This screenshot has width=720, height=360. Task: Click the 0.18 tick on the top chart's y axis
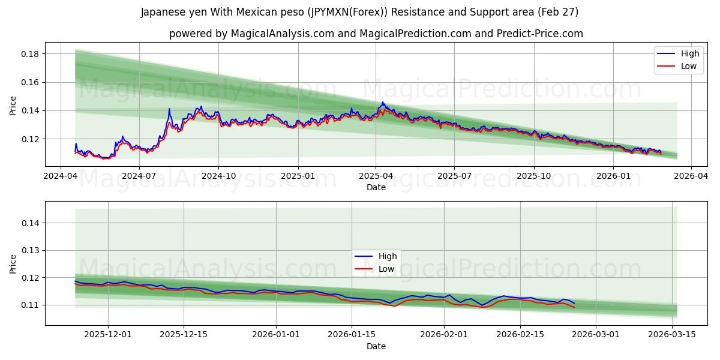[x=31, y=54]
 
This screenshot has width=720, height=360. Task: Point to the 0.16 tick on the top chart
[x=31, y=82]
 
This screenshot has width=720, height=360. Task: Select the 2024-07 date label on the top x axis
[x=139, y=176]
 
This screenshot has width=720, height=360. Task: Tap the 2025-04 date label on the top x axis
[x=376, y=176]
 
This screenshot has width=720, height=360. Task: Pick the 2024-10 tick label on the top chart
[x=218, y=176]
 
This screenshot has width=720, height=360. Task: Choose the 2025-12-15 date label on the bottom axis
[x=183, y=335]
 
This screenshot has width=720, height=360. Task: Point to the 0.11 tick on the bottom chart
[x=31, y=305]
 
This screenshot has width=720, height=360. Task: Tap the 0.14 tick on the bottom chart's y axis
[x=31, y=223]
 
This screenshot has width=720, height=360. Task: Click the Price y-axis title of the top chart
[x=13, y=106]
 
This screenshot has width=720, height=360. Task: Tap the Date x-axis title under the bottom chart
[x=376, y=346]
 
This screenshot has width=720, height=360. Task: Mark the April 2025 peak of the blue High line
[x=382, y=103]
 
